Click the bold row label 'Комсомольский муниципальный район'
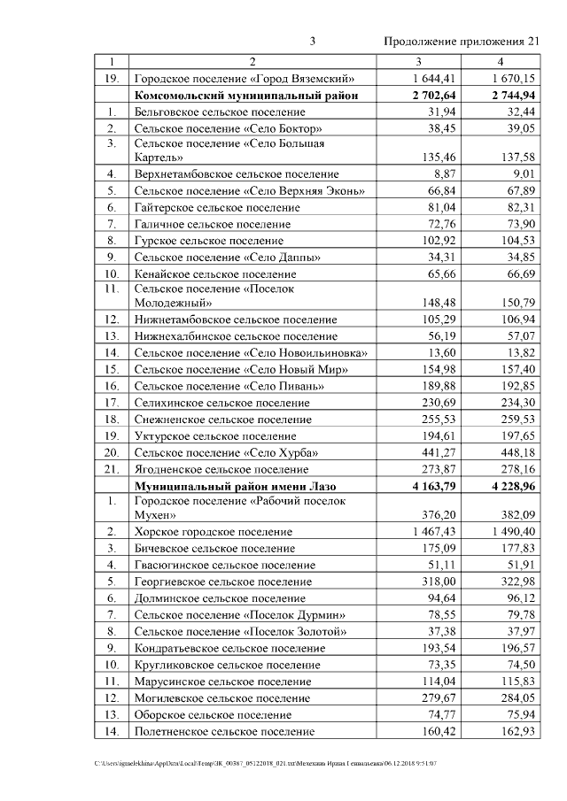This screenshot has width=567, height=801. (x=245, y=96)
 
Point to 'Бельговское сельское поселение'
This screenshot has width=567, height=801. (x=220, y=112)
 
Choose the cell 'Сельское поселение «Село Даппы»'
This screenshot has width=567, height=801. (x=227, y=257)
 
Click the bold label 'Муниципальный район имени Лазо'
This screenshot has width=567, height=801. (x=238, y=486)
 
